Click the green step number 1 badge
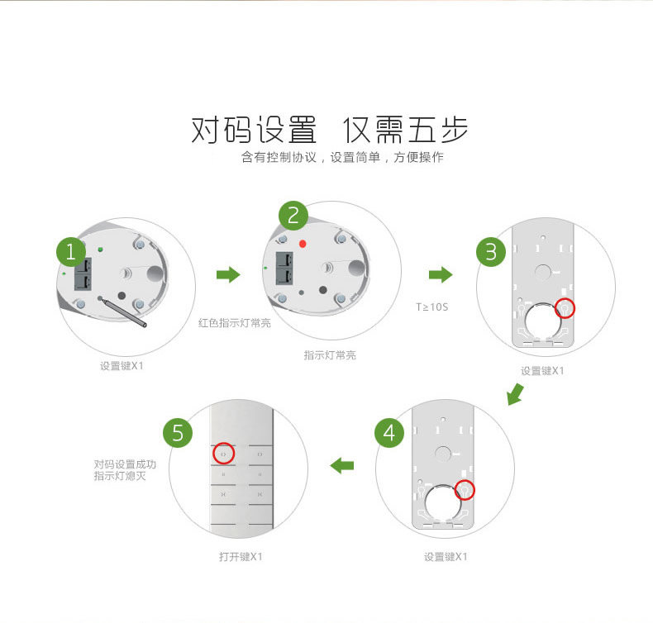coord(71,252)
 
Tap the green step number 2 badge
coord(293,216)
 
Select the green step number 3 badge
coord(491,252)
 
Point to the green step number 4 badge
coord(389,433)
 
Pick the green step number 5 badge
coord(178,433)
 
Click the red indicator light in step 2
coord(303,244)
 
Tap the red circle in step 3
coord(565,308)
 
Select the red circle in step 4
coord(465,490)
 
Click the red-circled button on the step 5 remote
coord(224,454)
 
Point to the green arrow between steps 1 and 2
coord(228,274)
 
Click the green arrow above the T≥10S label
coord(441,274)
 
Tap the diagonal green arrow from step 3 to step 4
coord(516,394)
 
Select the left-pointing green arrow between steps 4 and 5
coord(342,465)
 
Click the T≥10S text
coord(431,307)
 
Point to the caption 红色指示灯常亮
coord(235,323)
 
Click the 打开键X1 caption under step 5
coord(241,556)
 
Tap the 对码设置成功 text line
coord(125,464)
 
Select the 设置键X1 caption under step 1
coord(122,366)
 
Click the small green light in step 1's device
coord(100,250)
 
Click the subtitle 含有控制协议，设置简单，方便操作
coord(342,157)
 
